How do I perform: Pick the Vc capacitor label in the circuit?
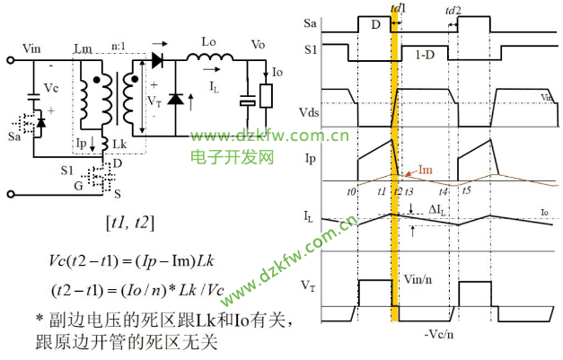click(51, 90)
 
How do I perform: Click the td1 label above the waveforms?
click(399, 7)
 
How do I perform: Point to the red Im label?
click(429, 169)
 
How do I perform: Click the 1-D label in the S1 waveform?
click(427, 55)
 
